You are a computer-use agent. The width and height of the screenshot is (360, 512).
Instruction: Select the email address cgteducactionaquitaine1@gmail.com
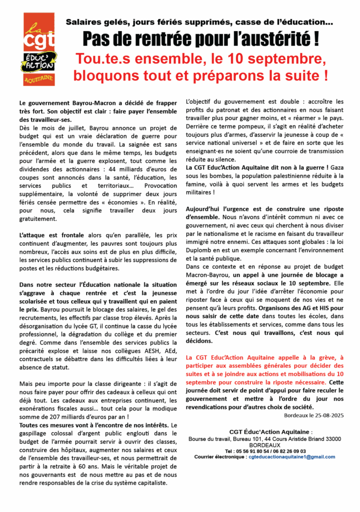(292, 456)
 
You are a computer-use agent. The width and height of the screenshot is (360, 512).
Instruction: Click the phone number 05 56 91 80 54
(241, 450)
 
